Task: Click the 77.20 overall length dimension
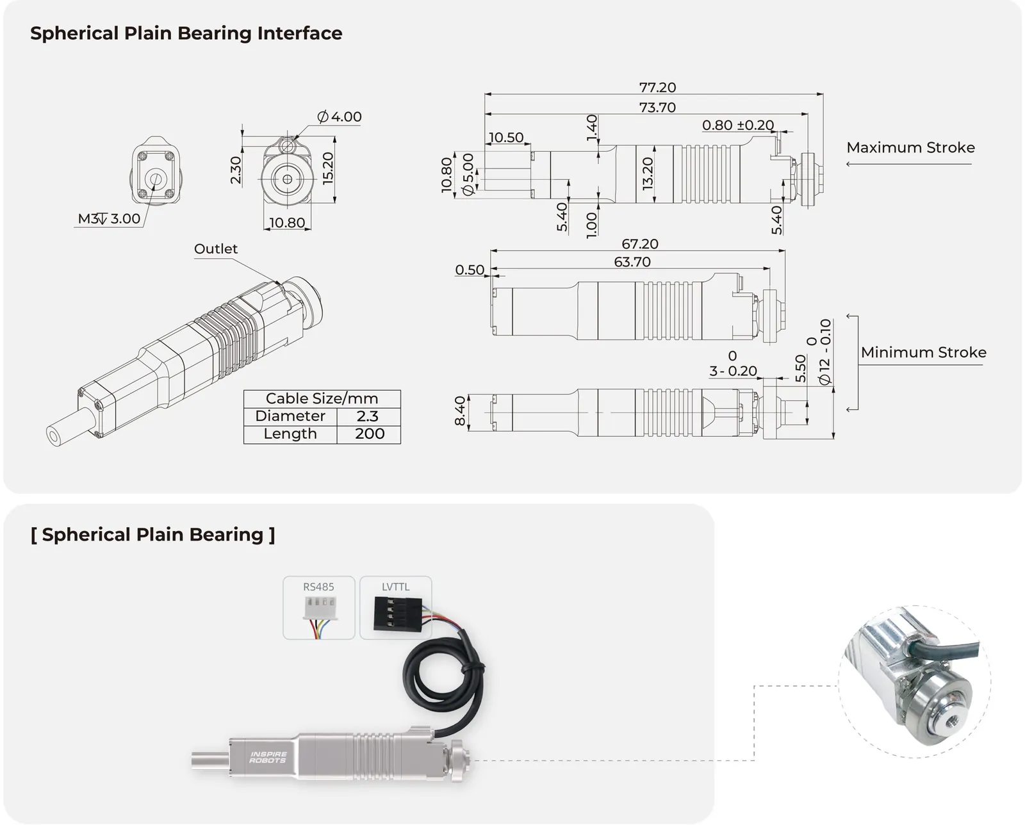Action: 657,88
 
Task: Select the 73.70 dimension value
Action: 657,108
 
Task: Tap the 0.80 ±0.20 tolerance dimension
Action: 738,125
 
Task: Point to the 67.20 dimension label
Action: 639,244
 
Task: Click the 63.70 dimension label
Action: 632,262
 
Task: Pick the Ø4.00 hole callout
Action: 340,117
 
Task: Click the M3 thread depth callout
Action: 110,219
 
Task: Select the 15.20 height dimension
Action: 328,168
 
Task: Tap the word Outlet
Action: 216,249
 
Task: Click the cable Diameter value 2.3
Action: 368,416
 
